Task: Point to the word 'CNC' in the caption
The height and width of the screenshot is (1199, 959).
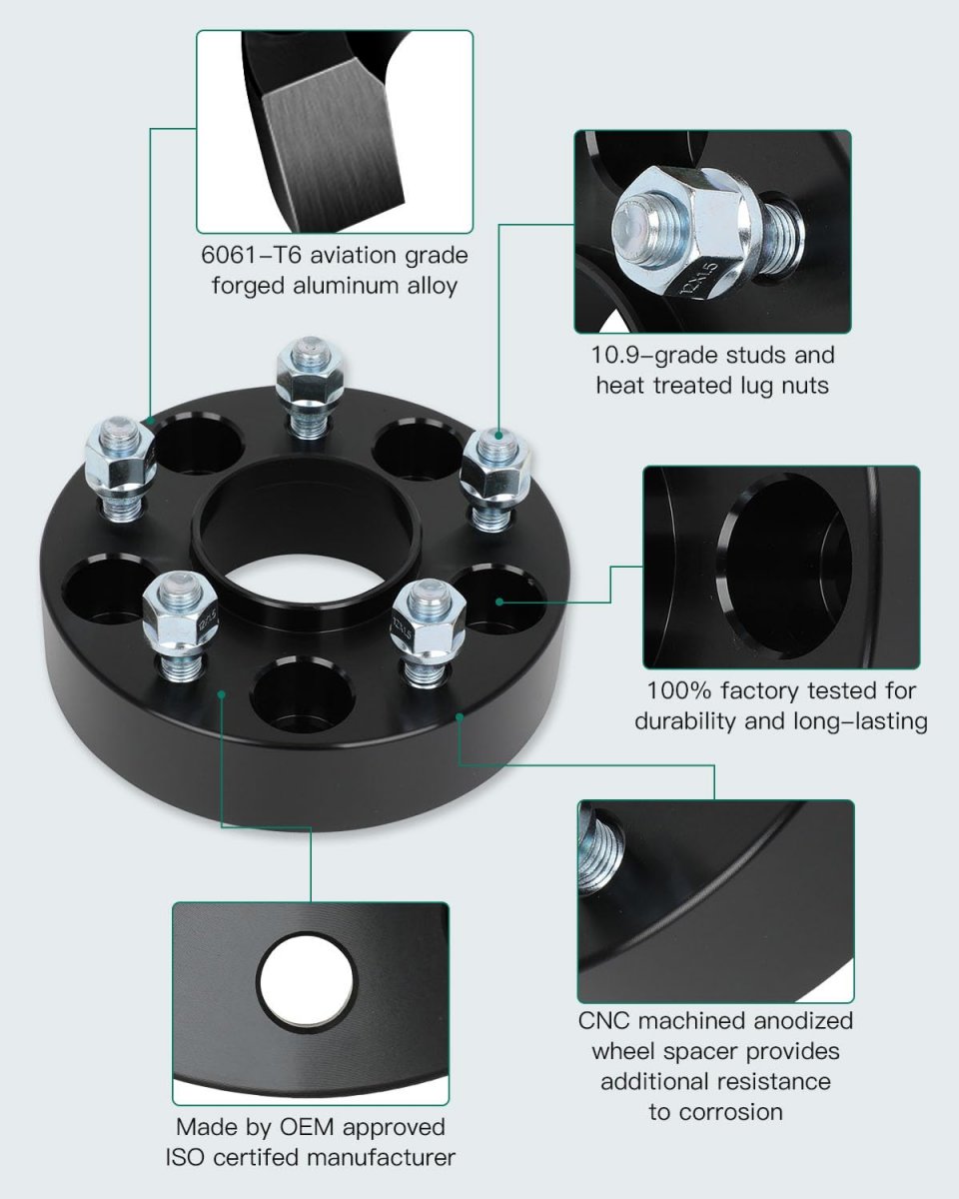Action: [605, 1021]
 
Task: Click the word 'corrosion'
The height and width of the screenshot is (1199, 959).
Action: [715, 1111]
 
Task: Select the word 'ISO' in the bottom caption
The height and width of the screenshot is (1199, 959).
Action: [186, 1158]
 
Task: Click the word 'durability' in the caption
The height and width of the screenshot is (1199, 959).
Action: [684, 720]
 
